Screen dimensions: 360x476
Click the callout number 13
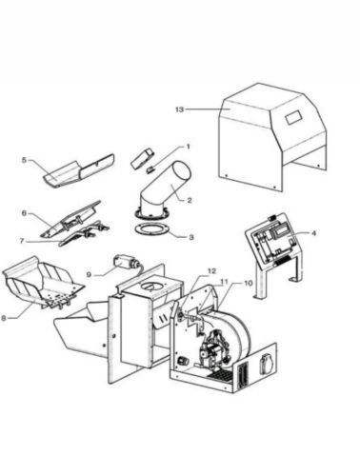tap(179, 109)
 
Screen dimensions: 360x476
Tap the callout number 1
tap(188, 147)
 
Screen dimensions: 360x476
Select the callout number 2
tap(190, 200)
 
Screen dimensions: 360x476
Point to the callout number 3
tap(190, 237)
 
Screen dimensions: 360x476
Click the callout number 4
tap(313, 233)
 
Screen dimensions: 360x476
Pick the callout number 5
tap(24, 160)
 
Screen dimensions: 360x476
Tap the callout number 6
tap(24, 213)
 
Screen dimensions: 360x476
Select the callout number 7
tap(22, 241)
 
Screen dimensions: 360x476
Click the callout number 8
tap(4, 318)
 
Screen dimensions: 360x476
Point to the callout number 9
tap(89, 274)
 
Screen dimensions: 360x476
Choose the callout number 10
tap(248, 283)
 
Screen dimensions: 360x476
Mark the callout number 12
tap(211, 271)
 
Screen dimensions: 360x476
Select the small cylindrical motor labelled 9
tap(127, 263)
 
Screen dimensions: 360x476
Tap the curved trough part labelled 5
tap(78, 170)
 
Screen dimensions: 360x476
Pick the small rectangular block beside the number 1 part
tap(142, 157)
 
